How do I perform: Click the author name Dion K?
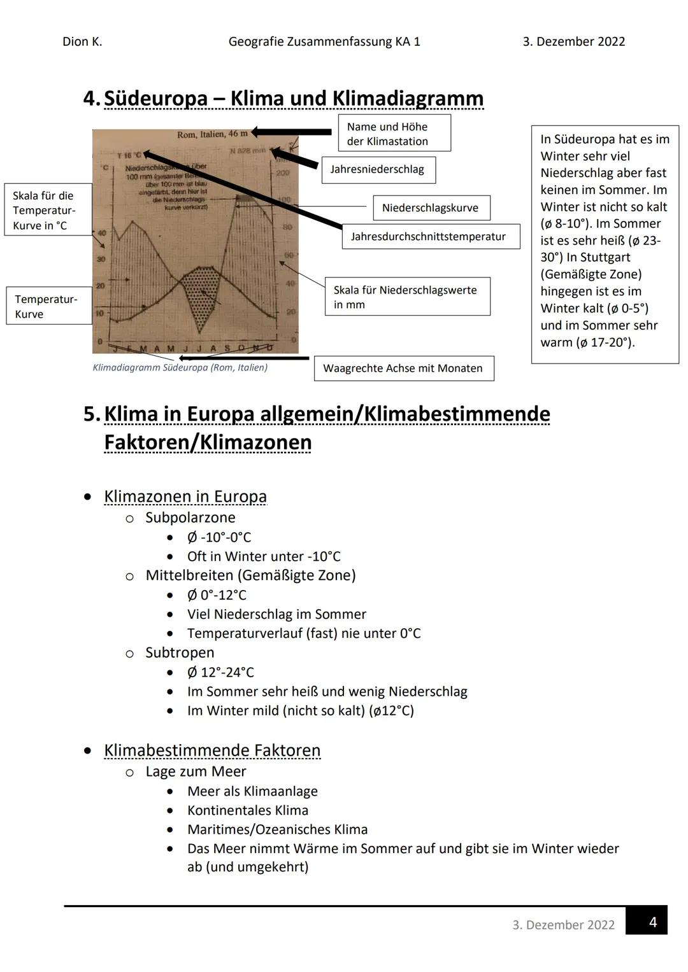coord(82,42)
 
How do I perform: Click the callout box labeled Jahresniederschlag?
coord(378,170)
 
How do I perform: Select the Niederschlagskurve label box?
coord(431,208)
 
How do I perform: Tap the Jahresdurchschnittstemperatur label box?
coord(430,237)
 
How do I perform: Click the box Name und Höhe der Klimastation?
coord(393,134)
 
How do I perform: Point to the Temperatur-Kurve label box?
coord(48,306)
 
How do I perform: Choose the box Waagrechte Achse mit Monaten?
coord(403,369)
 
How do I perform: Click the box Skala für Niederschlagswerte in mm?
coord(406,297)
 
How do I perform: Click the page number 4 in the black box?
coord(652,922)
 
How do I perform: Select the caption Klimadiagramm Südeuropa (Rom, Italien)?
coord(180,368)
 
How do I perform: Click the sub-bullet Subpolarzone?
coord(190,518)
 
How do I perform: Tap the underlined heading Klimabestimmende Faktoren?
coord(212,750)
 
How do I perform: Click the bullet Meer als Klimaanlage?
coord(252,791)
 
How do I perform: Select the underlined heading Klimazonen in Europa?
coord(185,497)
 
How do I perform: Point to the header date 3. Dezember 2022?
coord(573,42)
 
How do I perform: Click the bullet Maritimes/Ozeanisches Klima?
coord(277,829)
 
